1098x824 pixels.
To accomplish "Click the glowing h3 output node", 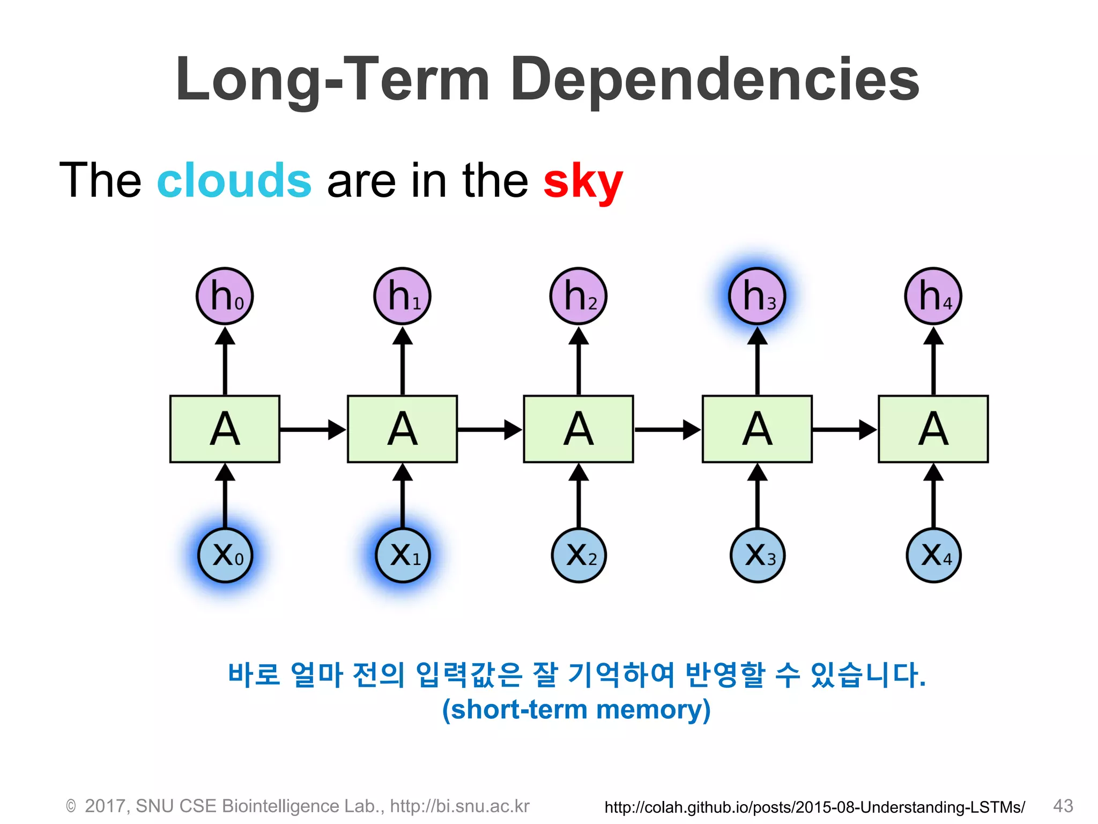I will tap(756, 296).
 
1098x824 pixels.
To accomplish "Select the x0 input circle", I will tap(225, 555).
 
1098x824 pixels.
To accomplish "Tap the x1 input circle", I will tap(403, 555).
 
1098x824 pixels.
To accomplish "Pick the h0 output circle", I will tap(225, 296).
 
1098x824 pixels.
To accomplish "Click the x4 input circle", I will tap(933, 555).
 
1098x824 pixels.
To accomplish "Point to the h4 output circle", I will tap(933, 296).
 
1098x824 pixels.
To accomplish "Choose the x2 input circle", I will tap(578, 555).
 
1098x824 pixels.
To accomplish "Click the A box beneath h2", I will tap(578, 429).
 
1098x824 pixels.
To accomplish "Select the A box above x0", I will tap(225, 429).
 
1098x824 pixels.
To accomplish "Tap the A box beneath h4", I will tap(933, 429).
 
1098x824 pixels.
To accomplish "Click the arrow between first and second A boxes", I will tap(313, 430).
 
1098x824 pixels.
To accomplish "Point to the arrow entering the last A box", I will tap(844, 430).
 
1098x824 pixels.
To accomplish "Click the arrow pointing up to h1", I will tap(403, 360).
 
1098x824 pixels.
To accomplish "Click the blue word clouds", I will tap(234, 181).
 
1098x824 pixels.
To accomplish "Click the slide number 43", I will tap(1063, 805).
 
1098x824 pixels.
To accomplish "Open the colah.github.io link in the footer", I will tap(814, 807).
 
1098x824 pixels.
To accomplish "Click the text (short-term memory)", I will tap(576, 709).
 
